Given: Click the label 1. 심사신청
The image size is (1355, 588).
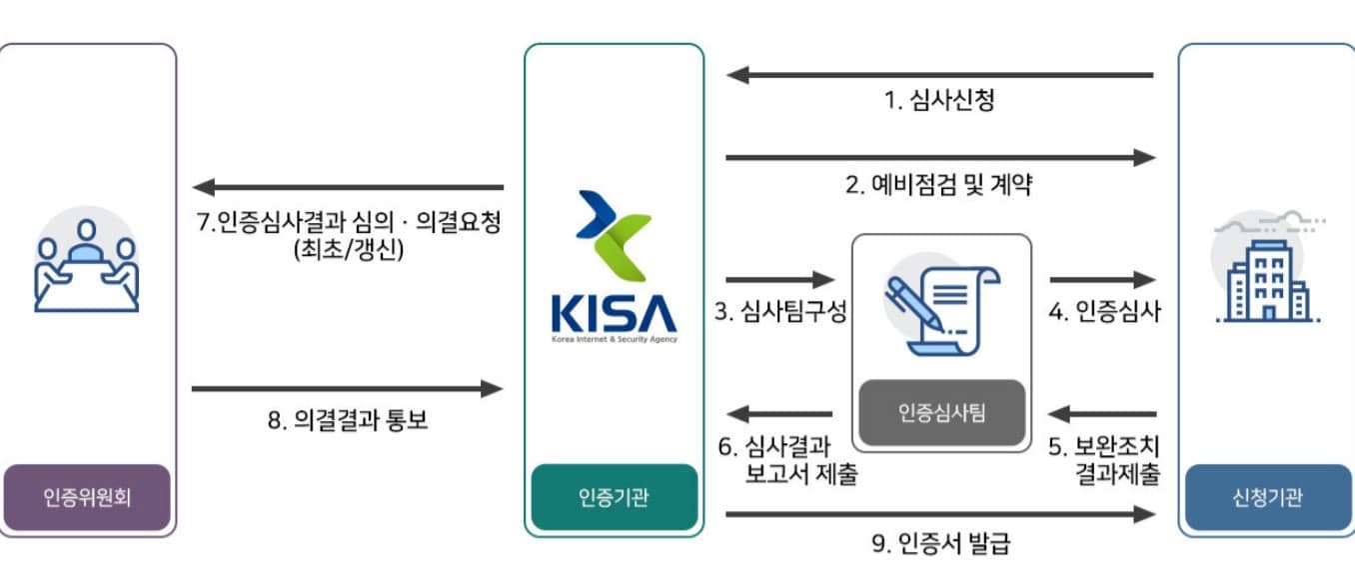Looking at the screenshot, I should (x=939, y=100).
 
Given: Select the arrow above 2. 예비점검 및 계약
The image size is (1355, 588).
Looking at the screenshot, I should (x=939, y=157).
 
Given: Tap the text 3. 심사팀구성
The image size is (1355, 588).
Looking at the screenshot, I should (x=780, y=312).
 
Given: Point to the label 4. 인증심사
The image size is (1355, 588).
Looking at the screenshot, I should (x=1104, y=312).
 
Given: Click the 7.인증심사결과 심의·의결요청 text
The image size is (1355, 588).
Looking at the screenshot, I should (x=348, y=236).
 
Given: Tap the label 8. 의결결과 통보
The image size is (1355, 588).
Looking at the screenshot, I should (x=348, y=420).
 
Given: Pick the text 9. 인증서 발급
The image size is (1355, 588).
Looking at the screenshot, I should (x=939, y=544).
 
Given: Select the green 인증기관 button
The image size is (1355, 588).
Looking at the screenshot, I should (x=614, y=497).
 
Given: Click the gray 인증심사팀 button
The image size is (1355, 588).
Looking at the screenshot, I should (x=941, y=412).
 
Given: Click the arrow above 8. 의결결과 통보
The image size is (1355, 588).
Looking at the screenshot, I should (x=348, y=388).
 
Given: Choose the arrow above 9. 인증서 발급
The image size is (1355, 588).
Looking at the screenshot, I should (x=939, y=514).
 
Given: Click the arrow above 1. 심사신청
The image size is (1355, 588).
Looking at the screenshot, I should (x=939, y=74).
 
